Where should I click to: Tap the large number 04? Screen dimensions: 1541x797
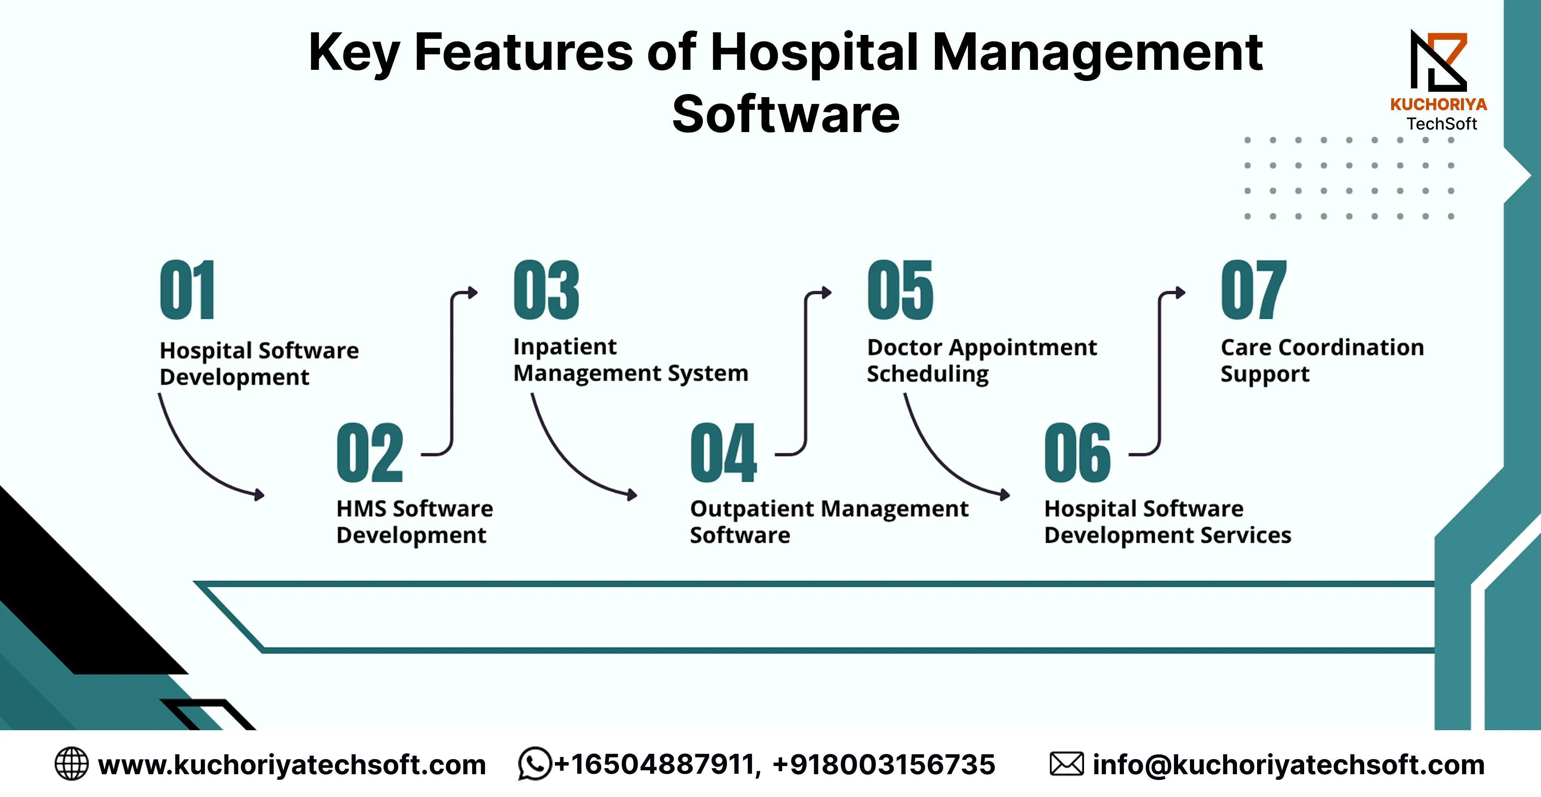[723, 452]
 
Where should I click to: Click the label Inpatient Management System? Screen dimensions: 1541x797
[630, 360]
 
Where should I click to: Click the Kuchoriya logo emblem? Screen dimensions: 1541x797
[1438, 61]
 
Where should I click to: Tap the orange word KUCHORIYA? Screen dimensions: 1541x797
[1438, 105]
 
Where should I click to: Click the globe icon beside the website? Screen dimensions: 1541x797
[71, 764]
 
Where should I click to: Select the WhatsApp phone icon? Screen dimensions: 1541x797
[534, 764]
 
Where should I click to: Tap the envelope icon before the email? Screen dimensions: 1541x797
[1066, 764]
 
